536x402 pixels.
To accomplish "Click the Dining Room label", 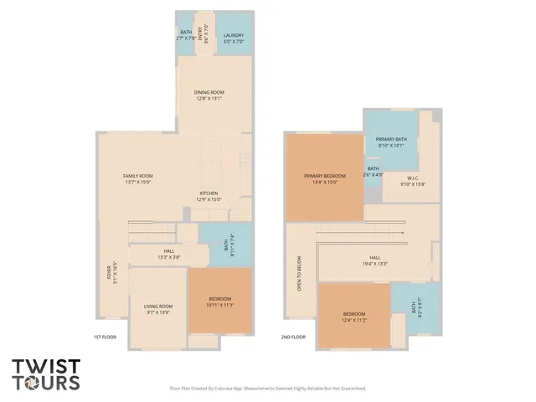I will click(210, 92).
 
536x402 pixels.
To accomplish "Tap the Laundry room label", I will click(234, 35).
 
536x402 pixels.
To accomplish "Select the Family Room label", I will click(138, 176).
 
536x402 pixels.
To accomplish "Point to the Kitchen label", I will click(209, 193).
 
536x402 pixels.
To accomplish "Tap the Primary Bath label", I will click(390, 139).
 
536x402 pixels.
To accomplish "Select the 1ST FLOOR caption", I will click(104, 337).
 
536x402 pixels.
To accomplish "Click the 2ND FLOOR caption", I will click(293, 337).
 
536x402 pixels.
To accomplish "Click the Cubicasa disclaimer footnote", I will click(268, 388).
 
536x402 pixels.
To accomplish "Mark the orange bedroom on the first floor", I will click(219, 301).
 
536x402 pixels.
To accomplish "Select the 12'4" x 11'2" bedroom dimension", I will click(353, 320).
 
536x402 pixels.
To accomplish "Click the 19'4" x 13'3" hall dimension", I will click(374, 264).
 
